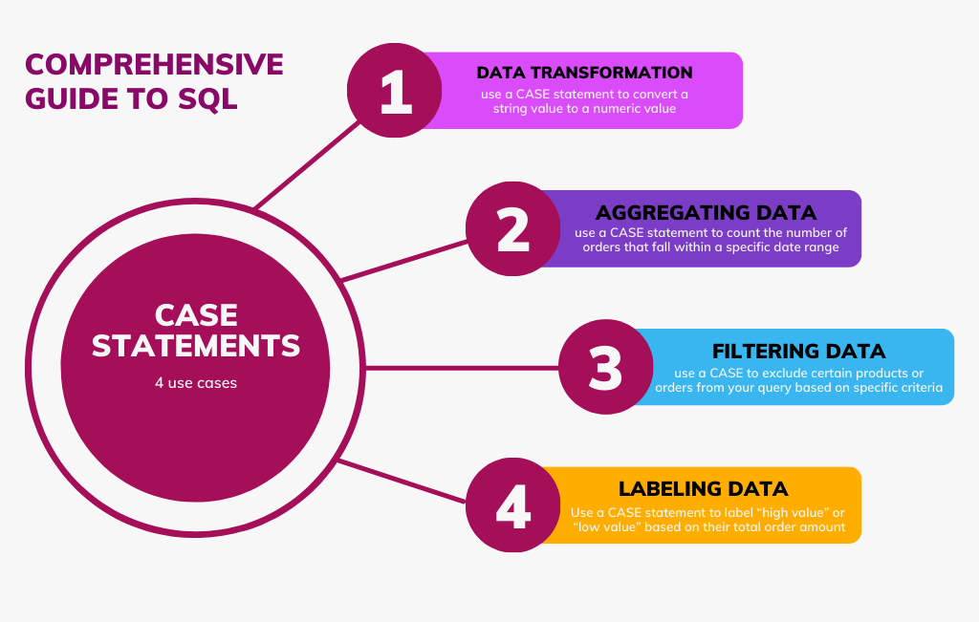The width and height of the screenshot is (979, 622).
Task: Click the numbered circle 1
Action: point(394,91)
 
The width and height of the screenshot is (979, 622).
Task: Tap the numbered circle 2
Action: point(513,229)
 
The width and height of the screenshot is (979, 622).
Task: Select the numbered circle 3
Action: point(605,367)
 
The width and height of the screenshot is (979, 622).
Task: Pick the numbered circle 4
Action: point(513,504)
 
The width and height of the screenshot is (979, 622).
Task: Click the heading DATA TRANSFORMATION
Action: point(584,73)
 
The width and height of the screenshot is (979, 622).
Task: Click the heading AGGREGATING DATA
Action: point(706,212)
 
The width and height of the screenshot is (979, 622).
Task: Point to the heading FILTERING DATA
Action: point(798,350)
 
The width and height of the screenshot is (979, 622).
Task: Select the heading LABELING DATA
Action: point(704,489)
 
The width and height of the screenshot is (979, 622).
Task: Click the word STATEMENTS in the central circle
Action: point(196,345)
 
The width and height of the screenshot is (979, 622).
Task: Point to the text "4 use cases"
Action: point(195,383)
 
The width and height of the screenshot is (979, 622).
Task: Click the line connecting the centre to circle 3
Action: point(459,367)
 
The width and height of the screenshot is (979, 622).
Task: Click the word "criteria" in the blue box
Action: point(918,388)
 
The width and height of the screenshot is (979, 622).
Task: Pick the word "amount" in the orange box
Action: point(822,526)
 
